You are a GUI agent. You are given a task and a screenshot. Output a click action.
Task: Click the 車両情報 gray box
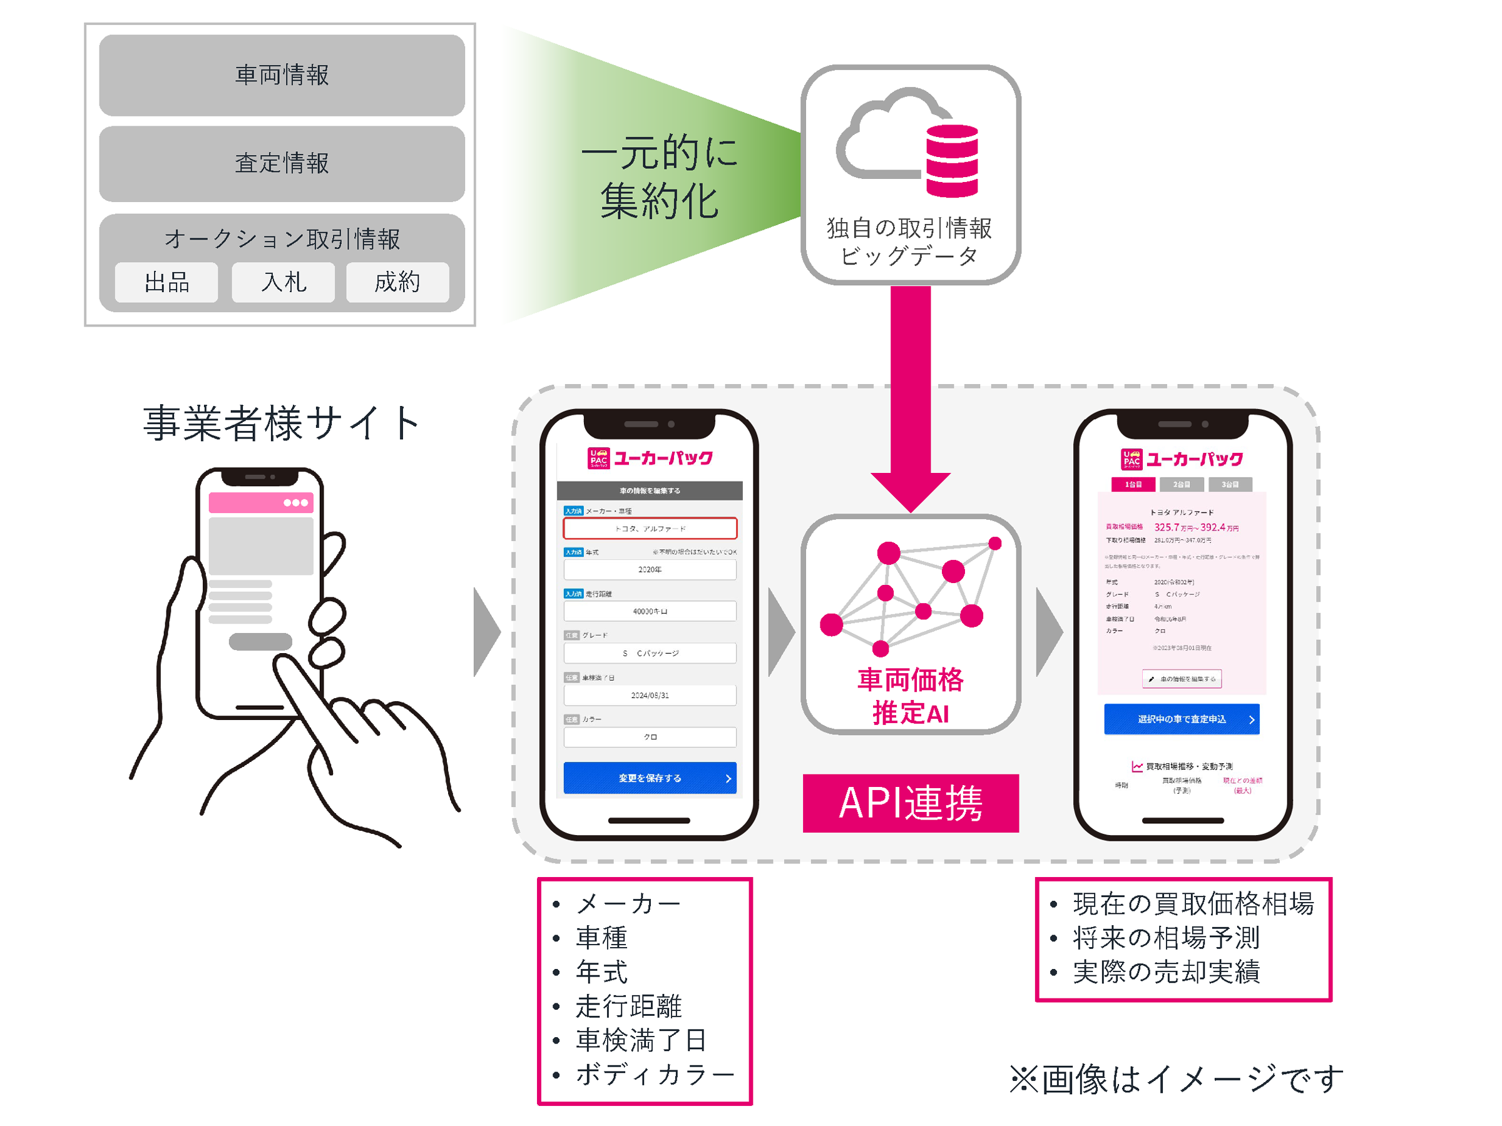[x=282, y=75]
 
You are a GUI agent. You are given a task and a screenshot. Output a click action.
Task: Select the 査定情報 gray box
[x=282, y=163]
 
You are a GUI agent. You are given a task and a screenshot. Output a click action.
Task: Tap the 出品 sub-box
[x=166, y=282]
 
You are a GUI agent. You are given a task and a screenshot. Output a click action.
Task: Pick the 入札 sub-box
[x=283, y=282]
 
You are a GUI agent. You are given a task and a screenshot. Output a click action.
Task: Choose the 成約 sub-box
[x=398, y=282]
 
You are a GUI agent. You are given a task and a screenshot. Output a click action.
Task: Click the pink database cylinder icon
[x=952, y=160]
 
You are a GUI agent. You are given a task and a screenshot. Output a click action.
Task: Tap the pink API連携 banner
[x=911, y=803]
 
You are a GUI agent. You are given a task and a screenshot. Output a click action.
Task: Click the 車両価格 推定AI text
[x=911, y=696]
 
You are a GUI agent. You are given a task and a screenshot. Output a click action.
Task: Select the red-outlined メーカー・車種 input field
[x=650, y=528]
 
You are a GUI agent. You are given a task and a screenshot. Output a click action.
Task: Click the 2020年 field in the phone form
[x=650, y=569]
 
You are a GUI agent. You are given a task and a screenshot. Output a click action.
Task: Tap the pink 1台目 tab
[x=1133, y=485]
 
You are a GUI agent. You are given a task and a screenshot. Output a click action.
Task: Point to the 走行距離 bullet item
[x=628, y=1006]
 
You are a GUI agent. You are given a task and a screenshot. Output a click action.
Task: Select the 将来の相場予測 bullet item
[x=1165, y=938]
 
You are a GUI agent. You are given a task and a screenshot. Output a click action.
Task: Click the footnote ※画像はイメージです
[x=1176, y=1079]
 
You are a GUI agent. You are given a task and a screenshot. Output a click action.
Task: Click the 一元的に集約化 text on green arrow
[x=658, y=176]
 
